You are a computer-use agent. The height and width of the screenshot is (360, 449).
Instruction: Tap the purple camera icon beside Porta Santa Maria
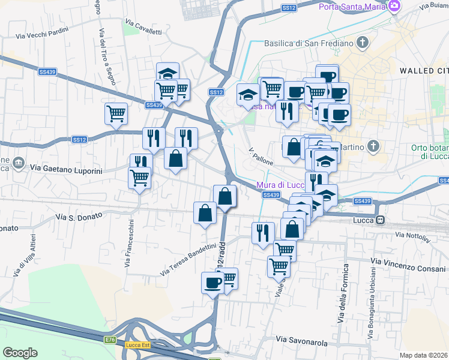[394, 7]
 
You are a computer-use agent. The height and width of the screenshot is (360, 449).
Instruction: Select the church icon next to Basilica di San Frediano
[362, 43]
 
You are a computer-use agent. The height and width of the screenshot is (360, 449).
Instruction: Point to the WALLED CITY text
[424, 71]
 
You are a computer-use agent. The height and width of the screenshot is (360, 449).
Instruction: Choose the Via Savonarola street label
[302, 341]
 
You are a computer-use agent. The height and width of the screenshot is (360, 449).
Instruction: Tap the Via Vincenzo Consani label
[408, 262]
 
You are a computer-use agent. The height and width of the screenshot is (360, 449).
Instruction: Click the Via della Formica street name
[344, 294]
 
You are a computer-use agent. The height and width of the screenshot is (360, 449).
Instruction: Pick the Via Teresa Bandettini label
[188, 260]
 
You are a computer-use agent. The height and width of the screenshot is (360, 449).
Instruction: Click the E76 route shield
[110, 340]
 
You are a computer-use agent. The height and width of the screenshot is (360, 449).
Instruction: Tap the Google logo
[20, 352]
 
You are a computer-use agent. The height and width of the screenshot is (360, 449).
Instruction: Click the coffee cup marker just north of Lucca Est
[212, 283]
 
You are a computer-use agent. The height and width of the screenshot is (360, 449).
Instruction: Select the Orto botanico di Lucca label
[430, 152]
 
